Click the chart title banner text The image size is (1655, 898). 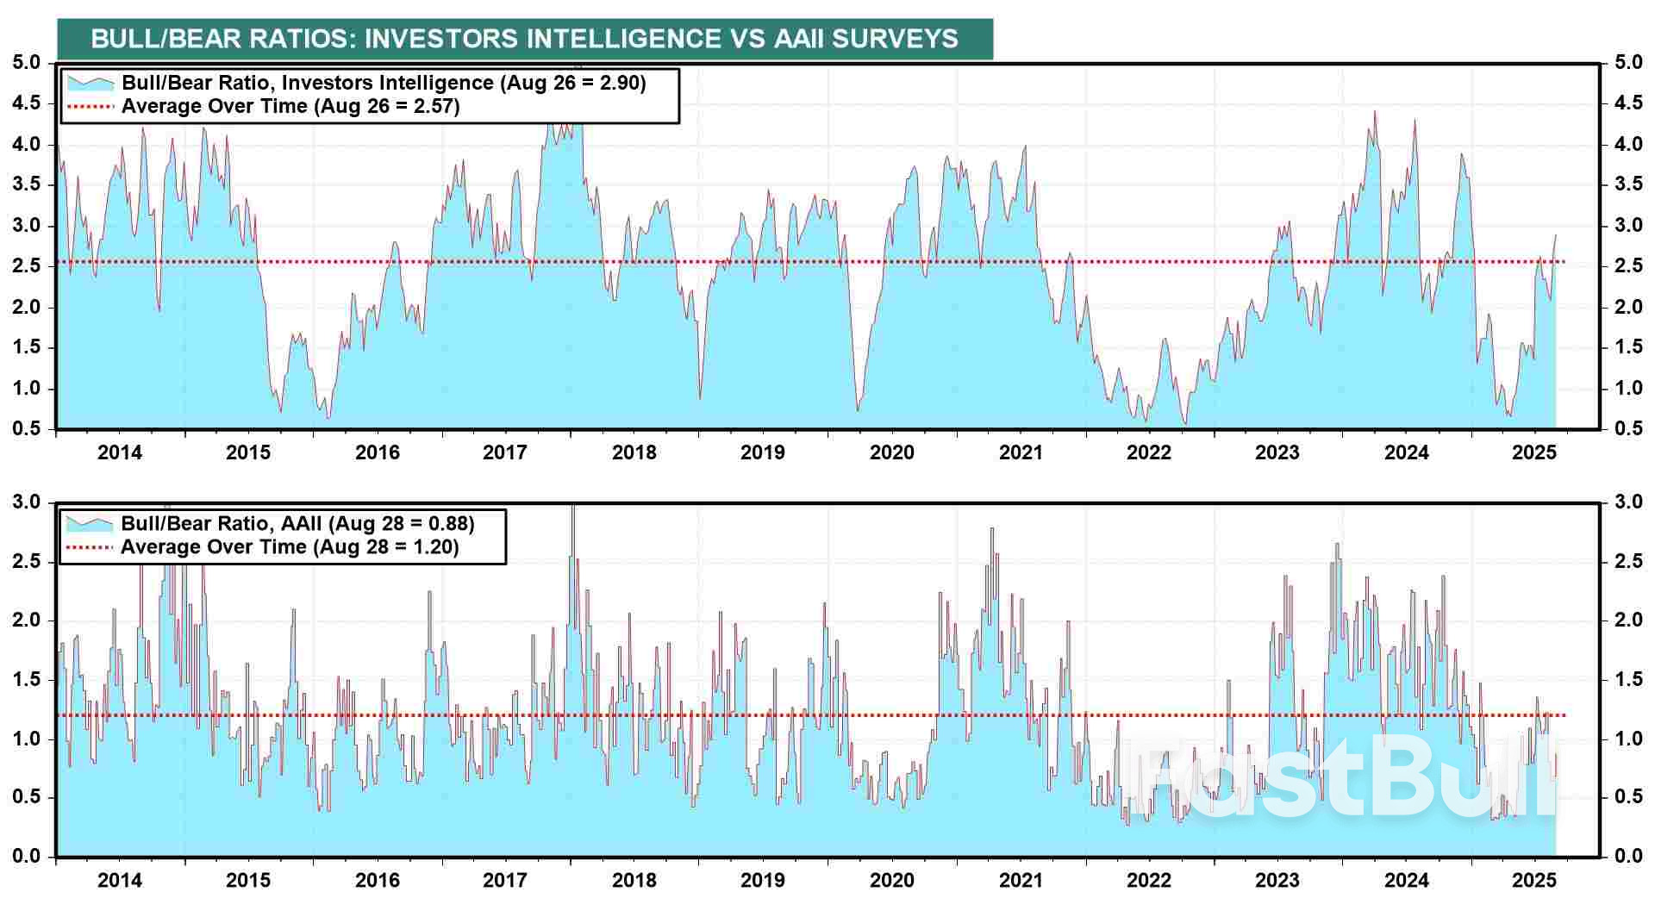[524, 39]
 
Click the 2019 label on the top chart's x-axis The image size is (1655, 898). [762, 452]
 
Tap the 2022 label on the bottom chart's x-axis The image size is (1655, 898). [1148, 880]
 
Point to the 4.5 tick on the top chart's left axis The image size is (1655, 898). [26, 103]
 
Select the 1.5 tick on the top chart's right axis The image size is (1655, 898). [1627, 347]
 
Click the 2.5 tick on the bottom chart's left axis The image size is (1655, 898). [26, 562]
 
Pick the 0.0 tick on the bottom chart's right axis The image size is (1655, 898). [1627, 856]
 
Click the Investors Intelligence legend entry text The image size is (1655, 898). [384, 83]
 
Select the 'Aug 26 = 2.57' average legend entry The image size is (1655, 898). [290, 106]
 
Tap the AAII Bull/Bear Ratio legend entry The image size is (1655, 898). [297, 523]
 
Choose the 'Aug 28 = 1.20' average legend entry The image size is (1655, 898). [290, 547]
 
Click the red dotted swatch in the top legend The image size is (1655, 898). [90, 107]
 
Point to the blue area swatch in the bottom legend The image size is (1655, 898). [90, 524]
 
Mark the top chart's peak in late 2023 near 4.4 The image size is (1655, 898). [1374, 112]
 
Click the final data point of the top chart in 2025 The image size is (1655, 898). [1555, 235]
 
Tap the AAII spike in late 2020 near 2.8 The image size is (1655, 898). [992, 528]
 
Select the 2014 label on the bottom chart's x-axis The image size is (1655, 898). [120, 880]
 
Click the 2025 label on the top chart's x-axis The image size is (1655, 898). [1534, 452]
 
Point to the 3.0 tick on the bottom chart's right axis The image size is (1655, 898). [1627, 502]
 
